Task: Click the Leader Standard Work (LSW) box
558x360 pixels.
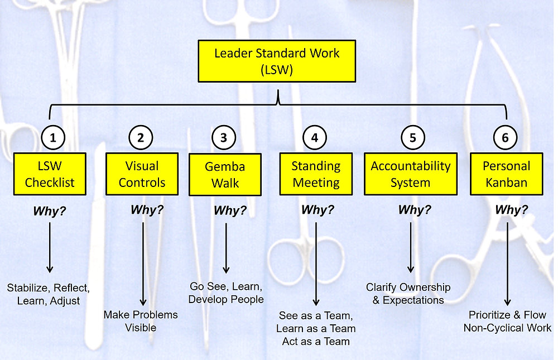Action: point(277,61)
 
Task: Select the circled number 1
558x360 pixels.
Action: point(54,137)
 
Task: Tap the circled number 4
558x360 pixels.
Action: point(315,137)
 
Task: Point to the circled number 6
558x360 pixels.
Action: point(506,137)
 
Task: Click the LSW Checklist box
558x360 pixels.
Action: point(50,174)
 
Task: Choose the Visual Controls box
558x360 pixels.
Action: point(142,174)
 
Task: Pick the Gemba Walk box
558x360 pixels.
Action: point(225,175)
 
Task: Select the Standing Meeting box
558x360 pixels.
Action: point(316,174)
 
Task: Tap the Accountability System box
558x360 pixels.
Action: point(411,174)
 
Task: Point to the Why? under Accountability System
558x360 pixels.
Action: point(414,210)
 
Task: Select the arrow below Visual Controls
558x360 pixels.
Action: point(143,262)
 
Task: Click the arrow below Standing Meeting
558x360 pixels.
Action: point(316,262)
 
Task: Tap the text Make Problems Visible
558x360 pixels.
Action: point(141,321)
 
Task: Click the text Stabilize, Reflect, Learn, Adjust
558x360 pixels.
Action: point(48,294)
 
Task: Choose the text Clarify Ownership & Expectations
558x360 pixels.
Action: point(408,294)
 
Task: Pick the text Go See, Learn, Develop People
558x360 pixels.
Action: point(225,293)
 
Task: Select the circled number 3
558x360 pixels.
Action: point(223,137)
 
